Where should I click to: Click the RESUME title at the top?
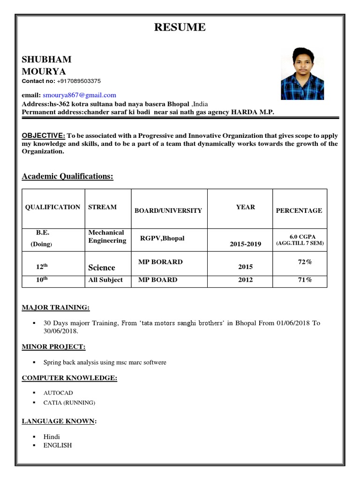(x=180, y=27)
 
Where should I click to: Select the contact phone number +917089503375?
(x=79, y=81)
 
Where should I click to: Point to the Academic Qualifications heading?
(x=67, y=176)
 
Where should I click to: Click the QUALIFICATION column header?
(x=52, y=207)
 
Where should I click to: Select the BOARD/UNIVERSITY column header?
(x=168, y=210)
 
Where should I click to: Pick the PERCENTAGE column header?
(x=299, y=210)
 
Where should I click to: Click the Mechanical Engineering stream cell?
(x=107, y=237)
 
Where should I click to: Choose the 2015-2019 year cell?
(x=245, y=244)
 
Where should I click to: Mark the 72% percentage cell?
(x=305, y=262)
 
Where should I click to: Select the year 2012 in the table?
(x=245, y=280)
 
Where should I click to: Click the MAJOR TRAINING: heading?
(x=56, y=307)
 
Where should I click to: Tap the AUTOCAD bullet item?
(x=58, y=393)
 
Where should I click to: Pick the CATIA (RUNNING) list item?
(x=69, y=403)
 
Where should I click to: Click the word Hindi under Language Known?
(x=52, y=436)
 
